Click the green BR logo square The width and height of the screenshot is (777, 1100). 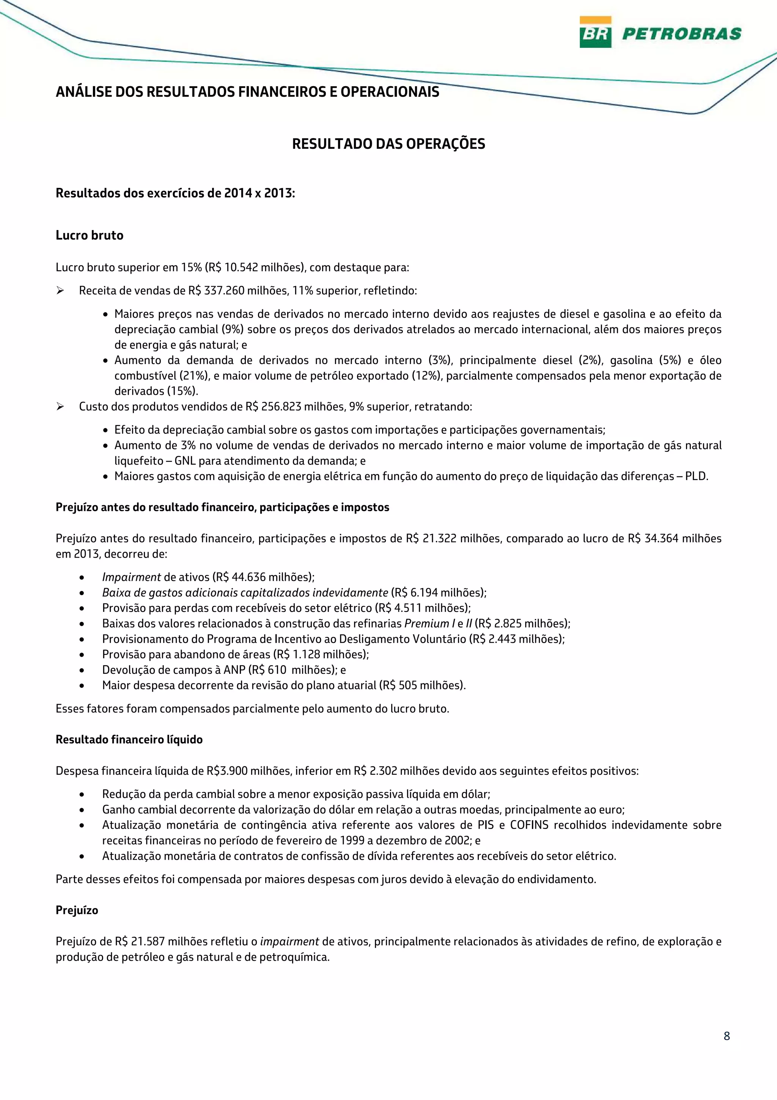point(595,32)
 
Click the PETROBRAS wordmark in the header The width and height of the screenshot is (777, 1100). point(681,33)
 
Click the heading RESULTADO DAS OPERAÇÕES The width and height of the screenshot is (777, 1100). point(388,144)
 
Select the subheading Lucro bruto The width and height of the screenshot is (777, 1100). point(90,235)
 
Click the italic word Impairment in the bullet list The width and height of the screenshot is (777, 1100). point(131,577)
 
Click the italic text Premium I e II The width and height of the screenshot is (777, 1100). point(438,623)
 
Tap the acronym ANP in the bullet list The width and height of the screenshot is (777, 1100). point(234,670)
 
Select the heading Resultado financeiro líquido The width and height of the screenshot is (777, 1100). point(129,740)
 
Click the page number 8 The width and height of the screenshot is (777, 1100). point(726,1036)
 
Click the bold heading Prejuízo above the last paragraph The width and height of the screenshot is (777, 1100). point(77,910)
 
